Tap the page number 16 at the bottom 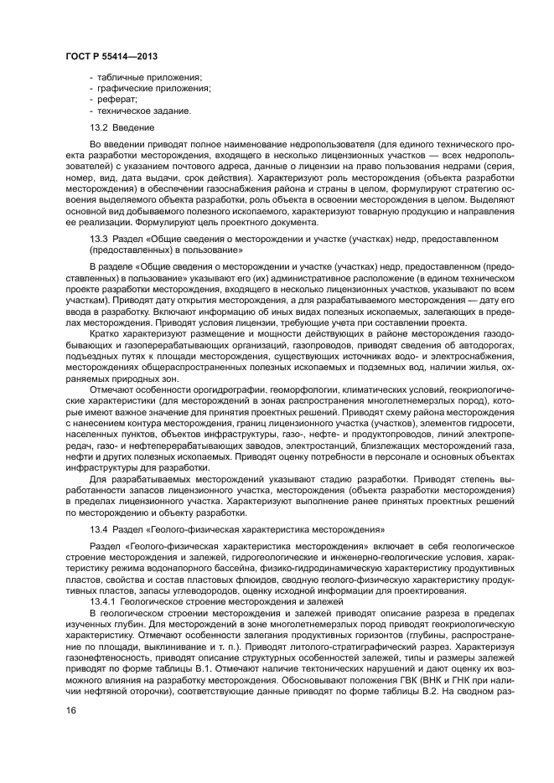(x=71, y=711)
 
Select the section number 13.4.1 (x=103, y=601)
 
